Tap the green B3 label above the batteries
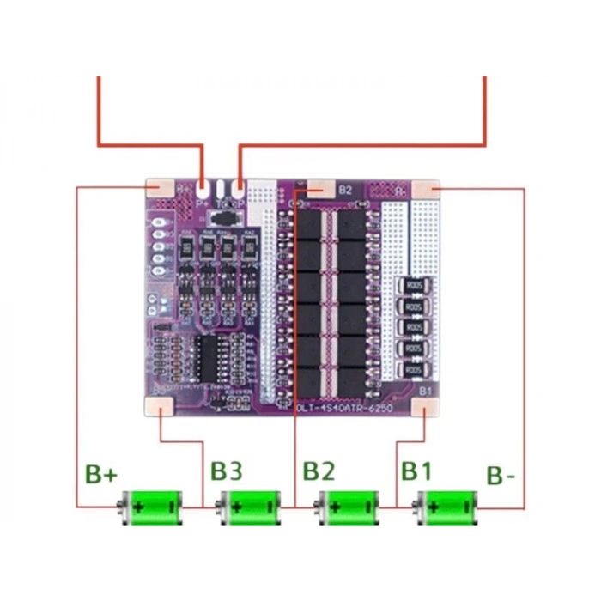[227, 470]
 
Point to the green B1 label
[416, 470]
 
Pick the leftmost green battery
[151, 507]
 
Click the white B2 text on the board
[345, 189]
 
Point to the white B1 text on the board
[425, 392]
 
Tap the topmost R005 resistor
[413, 286]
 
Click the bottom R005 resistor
[413, 369]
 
